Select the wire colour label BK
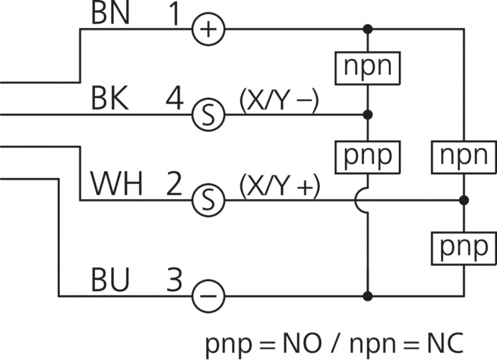click(x=110, y=99)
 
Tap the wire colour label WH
click(x=117, y=184)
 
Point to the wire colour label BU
click(x=111, y=280)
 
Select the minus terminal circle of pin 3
click(x=207, y=295)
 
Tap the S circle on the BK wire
click(x=207, y=114)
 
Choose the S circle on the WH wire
click(x=207, y=200)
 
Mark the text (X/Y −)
click(x=278, y=99)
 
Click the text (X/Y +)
click(x=278, y=185)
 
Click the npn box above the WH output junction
click(x=463, y=155)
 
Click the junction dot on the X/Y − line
click(x=368, y=114)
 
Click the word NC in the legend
click(x=438, y=344)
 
